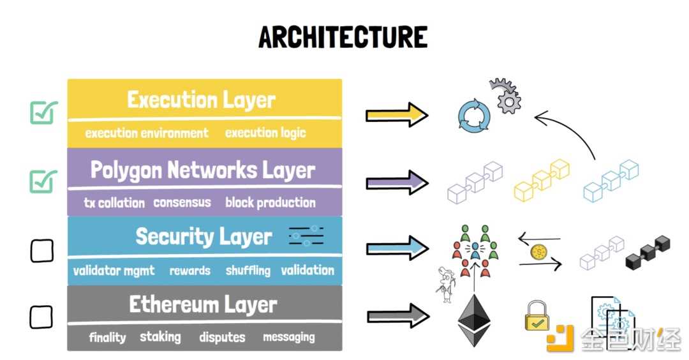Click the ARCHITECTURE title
[343, 38]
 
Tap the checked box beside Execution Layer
[43, 114]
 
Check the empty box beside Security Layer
[42, 250]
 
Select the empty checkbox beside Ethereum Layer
[41, 316]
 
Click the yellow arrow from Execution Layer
[396, 115]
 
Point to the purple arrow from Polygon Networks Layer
[396, 183]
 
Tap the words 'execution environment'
[147, 133]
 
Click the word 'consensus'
[182, 202]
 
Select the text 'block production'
[270, 202]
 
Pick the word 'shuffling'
[248, 271]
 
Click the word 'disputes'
[221, 337]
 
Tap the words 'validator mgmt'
[114, 271]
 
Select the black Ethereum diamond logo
[475, 320]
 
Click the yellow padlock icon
[537, 316]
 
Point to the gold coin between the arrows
[538, 251]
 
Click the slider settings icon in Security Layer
[306, 236]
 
